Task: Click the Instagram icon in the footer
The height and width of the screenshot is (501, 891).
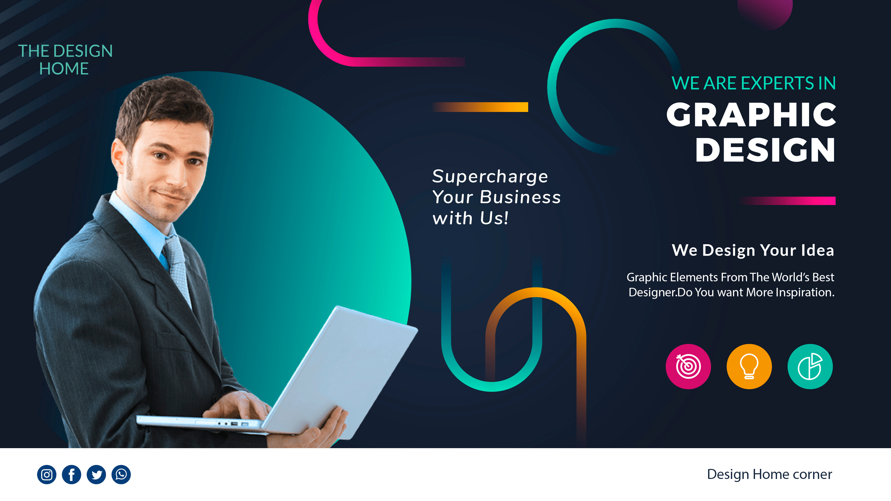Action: pos(47,474)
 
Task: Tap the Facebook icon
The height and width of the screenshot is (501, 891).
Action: pos(72,474)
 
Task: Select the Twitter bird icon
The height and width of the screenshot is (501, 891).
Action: pos(96,474)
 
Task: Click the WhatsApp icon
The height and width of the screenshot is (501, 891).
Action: pos(121,474)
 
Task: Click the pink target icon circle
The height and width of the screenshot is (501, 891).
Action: pos(688,366)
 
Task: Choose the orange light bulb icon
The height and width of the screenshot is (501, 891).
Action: pos(749,366)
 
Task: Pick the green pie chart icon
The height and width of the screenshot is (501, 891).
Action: pos(810,366)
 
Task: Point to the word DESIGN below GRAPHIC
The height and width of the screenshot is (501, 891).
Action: pos(765,150)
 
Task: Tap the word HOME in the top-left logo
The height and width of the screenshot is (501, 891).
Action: pos(64,69)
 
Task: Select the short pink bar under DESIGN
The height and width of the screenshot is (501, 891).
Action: pos(787,201)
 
